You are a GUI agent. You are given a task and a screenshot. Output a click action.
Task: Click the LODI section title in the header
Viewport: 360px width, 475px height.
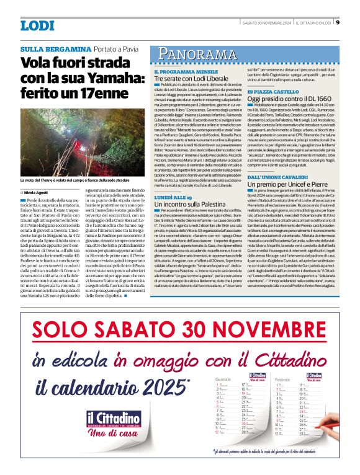[x=37, y=25]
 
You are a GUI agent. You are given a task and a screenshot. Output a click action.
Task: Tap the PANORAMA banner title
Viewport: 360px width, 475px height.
[x=196, y=54]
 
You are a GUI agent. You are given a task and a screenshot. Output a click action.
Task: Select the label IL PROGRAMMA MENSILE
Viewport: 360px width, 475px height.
[x=183, y=73]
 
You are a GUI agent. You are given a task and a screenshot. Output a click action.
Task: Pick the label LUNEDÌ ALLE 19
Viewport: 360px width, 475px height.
[x=173, y=196]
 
